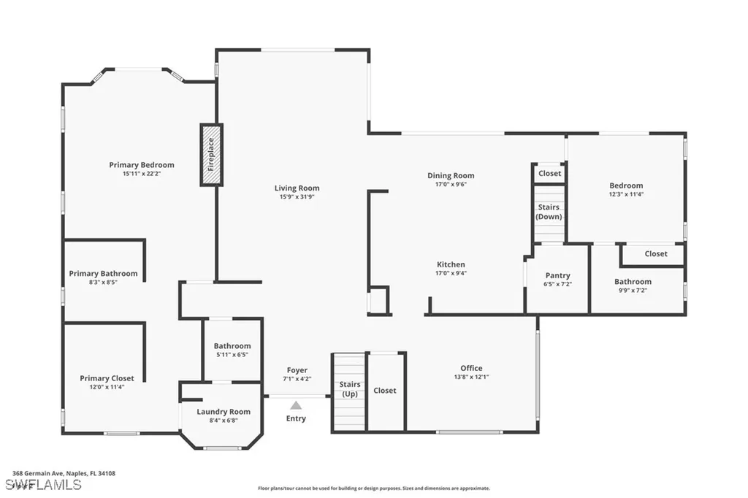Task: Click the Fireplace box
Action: point(211,154)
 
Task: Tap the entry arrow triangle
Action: point(296,405)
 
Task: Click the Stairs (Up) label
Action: point(349,389)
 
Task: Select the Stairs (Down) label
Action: point(549,212)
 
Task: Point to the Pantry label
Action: point(557,275)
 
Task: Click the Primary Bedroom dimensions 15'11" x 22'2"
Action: point(142,174)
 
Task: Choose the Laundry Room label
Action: point(224,412)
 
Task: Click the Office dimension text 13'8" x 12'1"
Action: point(471,377)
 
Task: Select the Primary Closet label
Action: point(107,378)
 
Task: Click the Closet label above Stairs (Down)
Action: point(549,173)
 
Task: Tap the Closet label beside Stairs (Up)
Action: point(385,391)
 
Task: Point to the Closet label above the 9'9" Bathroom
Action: point(655,254)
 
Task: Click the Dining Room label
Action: point(451,175)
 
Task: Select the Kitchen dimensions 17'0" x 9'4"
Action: point(451,273)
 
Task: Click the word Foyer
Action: point(297,370)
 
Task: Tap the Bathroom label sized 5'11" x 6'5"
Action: point(232,346)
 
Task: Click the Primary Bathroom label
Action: point(103,274)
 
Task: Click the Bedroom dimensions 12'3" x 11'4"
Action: point(626,195)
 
